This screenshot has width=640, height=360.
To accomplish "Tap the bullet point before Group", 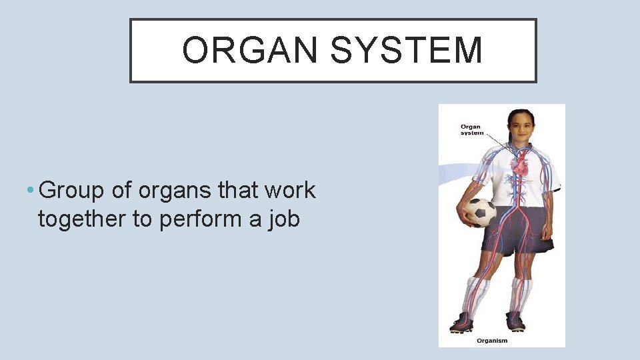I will [31, 191].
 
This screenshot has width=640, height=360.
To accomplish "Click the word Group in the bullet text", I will [73, 191].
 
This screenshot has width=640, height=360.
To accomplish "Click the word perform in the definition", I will [201, 218].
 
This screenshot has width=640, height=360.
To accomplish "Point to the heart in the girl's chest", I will [519, 162].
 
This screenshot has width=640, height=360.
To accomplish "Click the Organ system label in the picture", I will [472, 129].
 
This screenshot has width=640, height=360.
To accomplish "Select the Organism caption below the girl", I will [492, 341].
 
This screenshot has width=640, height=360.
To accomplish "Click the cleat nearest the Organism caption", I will [514, 322].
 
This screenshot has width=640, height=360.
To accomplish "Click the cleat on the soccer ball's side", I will [463, 323].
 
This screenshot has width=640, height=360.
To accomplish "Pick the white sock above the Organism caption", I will [519, 293].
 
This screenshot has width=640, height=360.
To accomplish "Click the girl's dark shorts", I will [517, 230].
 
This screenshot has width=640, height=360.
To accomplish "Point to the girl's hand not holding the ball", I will [547, 233].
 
